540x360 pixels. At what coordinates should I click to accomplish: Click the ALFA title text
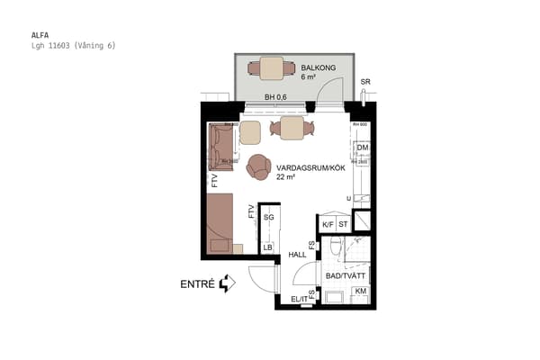tap(40, 35)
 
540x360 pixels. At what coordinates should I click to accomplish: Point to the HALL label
tap(298, 255)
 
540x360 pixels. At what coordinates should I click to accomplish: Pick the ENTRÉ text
tap(197, 283)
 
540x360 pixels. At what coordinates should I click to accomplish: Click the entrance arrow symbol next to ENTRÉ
tap(227, 283)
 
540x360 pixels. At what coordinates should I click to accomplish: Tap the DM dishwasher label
tap(363, 148)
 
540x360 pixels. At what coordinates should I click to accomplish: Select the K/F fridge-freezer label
tap(328, 224)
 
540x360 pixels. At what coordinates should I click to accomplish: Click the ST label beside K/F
tap(343, 224)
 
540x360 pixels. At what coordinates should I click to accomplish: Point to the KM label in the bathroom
tap(360, 292)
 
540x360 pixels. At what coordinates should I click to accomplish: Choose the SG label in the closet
tap(268, 217)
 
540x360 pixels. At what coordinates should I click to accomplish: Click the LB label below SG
tap(267, 247)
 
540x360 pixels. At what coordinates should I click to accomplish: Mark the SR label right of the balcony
tap(364, 83)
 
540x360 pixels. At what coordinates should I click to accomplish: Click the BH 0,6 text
tap(275, 97)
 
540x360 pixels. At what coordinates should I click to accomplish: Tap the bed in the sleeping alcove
tap(220, 225)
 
